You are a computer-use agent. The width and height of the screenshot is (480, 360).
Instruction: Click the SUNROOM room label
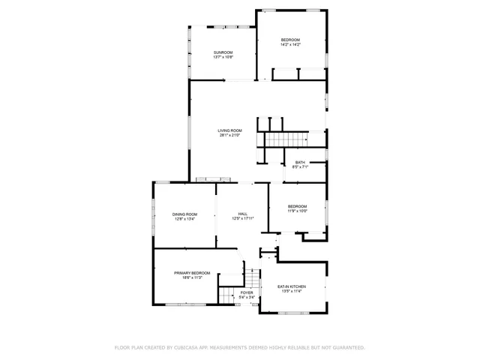click(x=222, y=52)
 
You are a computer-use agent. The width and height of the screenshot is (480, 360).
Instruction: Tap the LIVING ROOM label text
click(x=229, y=130)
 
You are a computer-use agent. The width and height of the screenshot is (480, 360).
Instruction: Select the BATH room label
click(x=300, y=163)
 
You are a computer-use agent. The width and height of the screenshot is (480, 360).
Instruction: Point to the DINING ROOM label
click(x=184, y=214)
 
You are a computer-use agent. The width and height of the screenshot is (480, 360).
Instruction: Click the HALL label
click(x=243, y=214)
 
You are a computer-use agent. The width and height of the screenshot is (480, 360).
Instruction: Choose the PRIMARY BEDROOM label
click(x=192, y=273)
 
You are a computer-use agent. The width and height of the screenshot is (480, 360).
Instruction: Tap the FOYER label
click(x=247, y=292)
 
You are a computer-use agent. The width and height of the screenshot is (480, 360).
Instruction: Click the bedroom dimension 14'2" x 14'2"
click(x=290, y=45)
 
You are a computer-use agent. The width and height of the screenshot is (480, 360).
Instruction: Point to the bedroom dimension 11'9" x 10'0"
click(x=298, y=211)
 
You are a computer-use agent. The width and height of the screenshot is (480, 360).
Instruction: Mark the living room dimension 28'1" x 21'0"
click(x=229, y=136)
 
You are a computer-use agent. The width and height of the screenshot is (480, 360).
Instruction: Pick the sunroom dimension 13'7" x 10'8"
click(x=222, y=58)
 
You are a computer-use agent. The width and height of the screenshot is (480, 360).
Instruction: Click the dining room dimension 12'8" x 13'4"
click(x=184, y=220)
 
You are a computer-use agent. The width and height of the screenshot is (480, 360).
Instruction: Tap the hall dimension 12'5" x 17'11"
click(x=243, y=220)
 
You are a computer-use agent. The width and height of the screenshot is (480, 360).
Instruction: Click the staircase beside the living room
click(x=288, y=139)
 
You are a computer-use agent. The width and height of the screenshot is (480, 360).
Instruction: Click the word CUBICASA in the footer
click(x=189, y=348)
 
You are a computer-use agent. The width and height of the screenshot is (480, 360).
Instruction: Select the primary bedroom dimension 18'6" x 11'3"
click(x=192, y=278)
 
